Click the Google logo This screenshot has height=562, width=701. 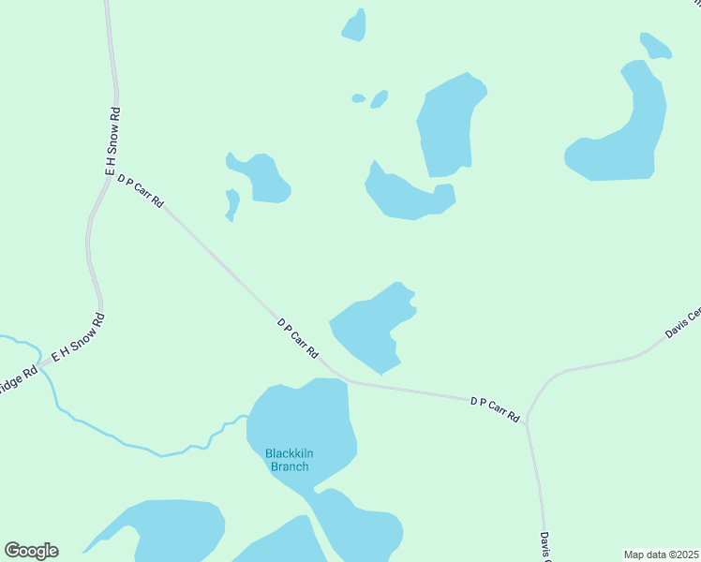[31, 551]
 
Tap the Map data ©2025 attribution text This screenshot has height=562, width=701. [661, 554]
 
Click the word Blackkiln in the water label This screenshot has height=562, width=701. [289, 454]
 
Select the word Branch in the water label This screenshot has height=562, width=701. [289, 466]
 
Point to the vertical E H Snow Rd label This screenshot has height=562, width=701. [112, 142]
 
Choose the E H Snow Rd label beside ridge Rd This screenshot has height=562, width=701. [78, 339]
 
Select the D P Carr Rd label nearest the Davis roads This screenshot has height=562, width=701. [495, 409]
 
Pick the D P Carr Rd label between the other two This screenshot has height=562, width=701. [299, 337]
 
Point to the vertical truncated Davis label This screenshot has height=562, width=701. [544, 545]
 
